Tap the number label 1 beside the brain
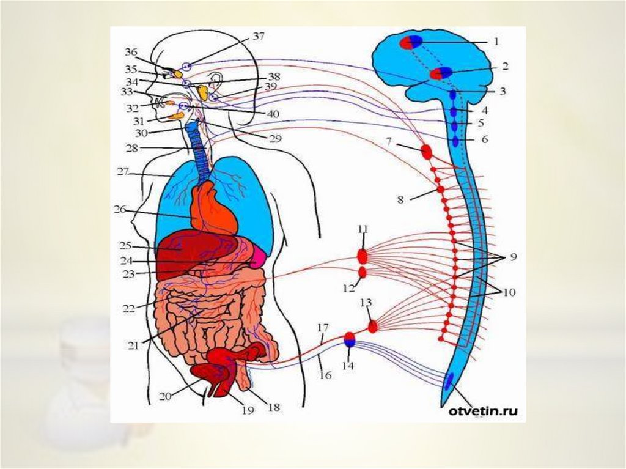tap(496, 42)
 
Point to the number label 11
tap(363, 229)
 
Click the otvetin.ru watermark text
tap(484, 412)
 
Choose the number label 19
tap(247, 410)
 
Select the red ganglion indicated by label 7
tap(426, 150)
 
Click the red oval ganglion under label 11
tap(362, 255)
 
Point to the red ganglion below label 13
tap(372, 326)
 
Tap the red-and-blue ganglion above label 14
tap(350, 339)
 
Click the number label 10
tap(509, 293)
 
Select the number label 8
tap(400, 199)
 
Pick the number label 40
tap(273, 114)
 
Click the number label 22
tap(128, 308)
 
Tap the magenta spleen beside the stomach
tap(256, 259)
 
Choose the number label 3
tap(502, 92)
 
